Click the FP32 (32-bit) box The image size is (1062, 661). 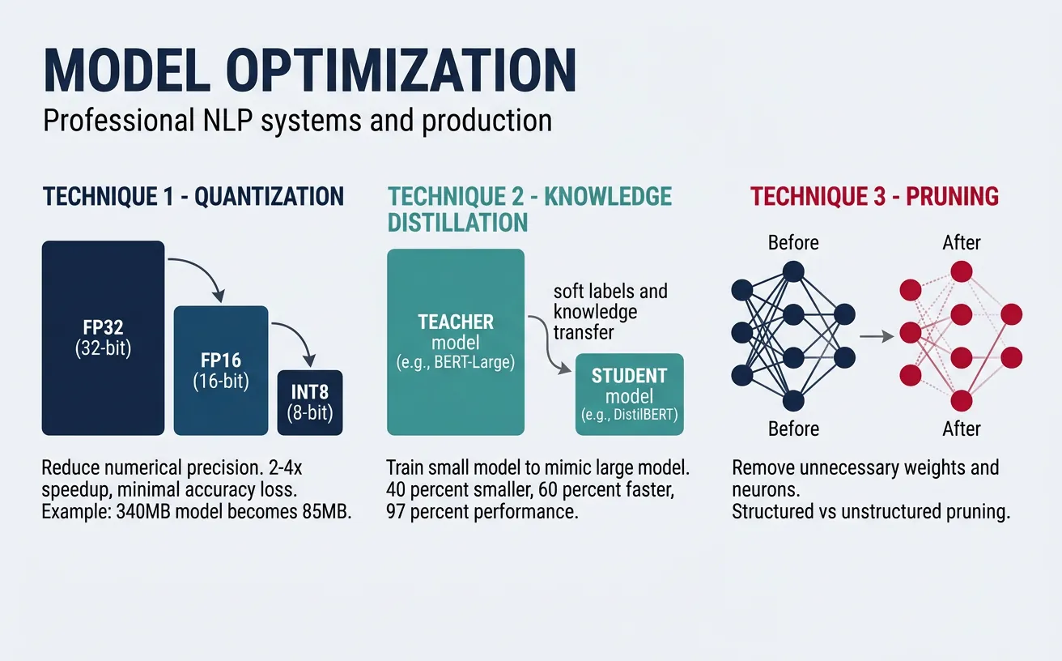tap(103, 338)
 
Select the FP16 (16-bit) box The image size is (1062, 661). tap(220, 370)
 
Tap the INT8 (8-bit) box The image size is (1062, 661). tap(310, 403)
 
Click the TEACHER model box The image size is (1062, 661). tap(456, 341)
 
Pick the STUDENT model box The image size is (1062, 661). tap(629, 394)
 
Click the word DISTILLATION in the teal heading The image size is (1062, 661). tap(458, 221)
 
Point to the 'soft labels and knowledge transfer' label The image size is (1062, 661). tap(610, 311)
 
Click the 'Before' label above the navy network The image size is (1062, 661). tap(793, 243)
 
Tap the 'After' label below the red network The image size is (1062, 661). tap(961, 429)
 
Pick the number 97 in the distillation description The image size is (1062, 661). tap(396, 514)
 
